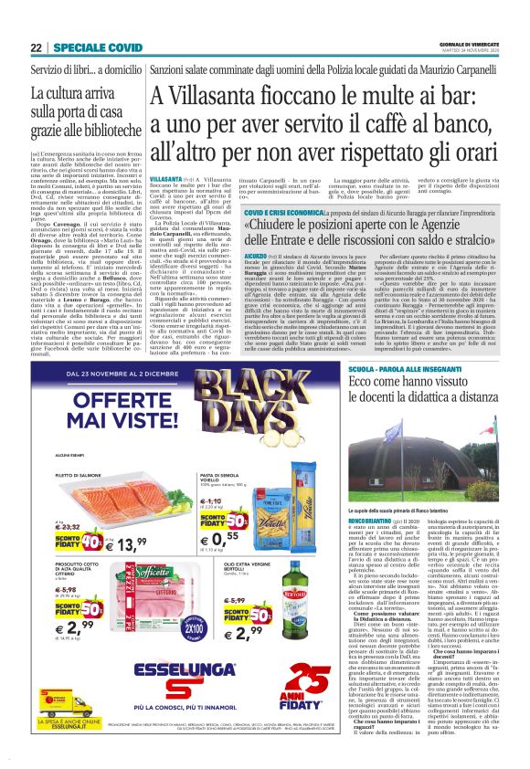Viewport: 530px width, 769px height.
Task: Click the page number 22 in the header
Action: (37, 47)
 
